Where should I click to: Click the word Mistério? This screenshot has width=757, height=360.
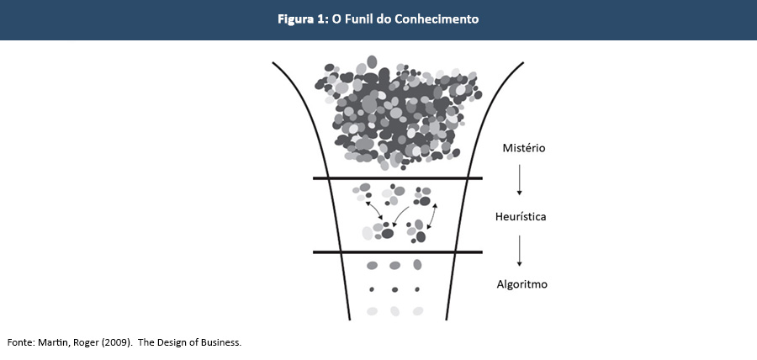524,148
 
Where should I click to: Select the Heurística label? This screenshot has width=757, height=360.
521,217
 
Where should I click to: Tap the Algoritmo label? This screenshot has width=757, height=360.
521,284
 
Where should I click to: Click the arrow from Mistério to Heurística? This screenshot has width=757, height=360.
521,180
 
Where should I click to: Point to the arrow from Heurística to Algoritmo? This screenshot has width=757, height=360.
521,250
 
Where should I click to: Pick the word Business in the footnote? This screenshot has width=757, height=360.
220,343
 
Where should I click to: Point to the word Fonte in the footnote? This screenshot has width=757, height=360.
20,343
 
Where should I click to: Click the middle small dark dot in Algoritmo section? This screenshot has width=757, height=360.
394,289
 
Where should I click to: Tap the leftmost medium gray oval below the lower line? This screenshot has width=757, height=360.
373,266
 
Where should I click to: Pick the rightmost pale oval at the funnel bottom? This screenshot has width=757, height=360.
417,311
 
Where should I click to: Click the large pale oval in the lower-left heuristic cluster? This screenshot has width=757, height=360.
368,232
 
